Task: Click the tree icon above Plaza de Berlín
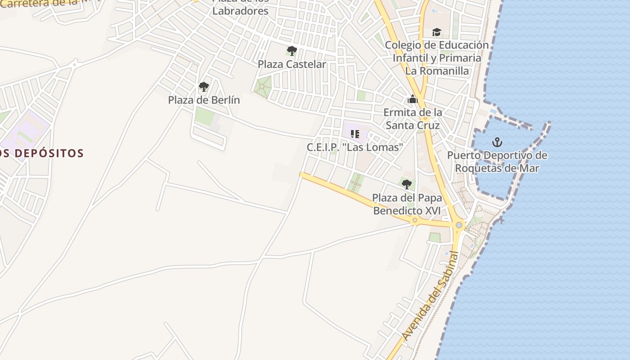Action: (204, 86)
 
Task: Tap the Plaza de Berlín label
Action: (204, 100)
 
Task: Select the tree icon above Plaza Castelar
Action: (292, 50)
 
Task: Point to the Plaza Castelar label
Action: (292, 64)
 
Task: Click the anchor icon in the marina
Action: (497, 143)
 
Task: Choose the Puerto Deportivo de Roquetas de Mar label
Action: (497, 162)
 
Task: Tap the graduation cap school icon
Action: (436, 32)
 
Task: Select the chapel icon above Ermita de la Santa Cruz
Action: (412, 99)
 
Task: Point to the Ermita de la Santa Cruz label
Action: (413, 119)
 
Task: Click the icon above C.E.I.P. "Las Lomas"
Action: (355, 134)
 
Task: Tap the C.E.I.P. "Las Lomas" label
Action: (355, 147)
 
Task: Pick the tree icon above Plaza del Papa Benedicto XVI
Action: (406, 184)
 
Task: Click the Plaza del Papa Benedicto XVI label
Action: (407, 204)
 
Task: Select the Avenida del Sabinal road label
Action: (430, 295)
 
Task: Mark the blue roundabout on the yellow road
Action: (459, 225)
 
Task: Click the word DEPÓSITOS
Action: (49, 153)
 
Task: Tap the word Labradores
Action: (240, 11)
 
